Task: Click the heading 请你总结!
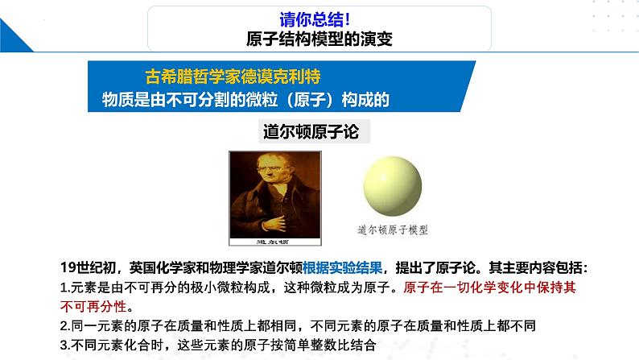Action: (319, 19)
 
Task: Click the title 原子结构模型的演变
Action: (319, 39)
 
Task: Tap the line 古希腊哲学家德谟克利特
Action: (233, 77)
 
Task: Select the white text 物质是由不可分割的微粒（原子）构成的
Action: (246, 99)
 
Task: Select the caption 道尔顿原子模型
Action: (394, 230)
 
